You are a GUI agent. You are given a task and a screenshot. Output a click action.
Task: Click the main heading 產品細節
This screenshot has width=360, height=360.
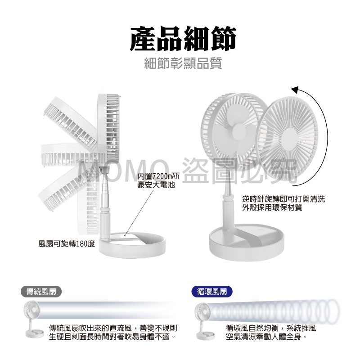click(183, 40)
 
